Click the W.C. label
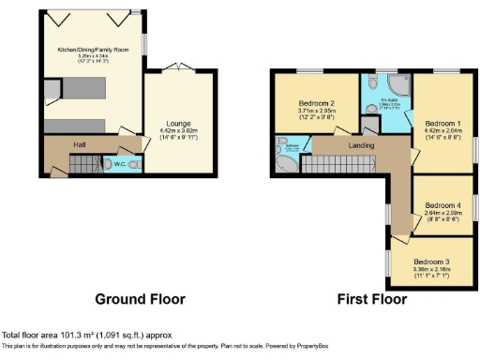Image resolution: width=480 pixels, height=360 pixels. (118, 166)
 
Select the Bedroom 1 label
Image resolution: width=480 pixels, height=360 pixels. (442, 123)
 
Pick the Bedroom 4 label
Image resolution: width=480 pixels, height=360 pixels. (442, 205)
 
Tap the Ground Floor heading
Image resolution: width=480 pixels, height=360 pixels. (140, 300)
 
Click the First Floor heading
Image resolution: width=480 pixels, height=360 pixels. (372, 300)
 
